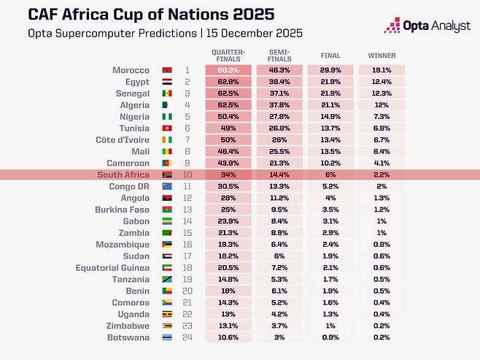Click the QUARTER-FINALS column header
point(228,55)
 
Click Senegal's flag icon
point(166,93)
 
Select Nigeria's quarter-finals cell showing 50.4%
point(228,117)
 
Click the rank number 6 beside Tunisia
point(187,129)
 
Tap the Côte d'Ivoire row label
point(124,139)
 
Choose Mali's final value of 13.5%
point(330,151)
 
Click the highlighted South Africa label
point(124,175)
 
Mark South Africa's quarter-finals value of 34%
point(228,175)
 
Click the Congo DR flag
point(166,187)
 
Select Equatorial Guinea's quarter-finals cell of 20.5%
point(228,268)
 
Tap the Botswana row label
point(130,337)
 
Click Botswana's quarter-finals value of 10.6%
point(228,337)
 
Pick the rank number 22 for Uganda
point(187,314)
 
